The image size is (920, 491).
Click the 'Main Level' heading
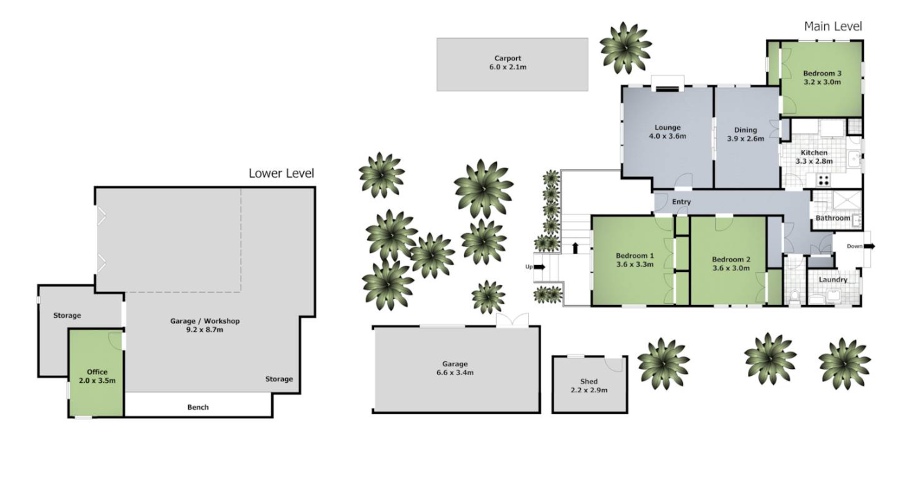[833, 26]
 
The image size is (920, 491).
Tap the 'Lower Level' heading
[281, 173]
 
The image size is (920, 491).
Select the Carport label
[508, 58]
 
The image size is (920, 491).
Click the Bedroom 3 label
[822, 74]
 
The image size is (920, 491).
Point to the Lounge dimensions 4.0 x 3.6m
[667, 137]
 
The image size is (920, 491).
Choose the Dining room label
[745, 130]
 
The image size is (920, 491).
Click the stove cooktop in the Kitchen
[824, 180]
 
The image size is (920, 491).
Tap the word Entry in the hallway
[681, 202]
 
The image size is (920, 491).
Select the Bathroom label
[833, 218]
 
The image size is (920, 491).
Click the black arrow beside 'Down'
[869, 246]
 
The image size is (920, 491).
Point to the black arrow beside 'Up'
[540, 267]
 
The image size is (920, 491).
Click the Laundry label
[833, 279]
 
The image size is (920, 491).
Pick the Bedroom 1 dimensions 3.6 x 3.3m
[635, 264]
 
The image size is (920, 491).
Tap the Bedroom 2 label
[731, 259]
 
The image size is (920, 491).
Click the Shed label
[589, 381]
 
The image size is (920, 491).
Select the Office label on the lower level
[97, 372]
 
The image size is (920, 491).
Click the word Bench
[198, 407]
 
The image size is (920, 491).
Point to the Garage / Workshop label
[205, 321]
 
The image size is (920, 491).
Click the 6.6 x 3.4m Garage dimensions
[454, 373]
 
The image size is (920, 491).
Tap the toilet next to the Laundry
[794, 296]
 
